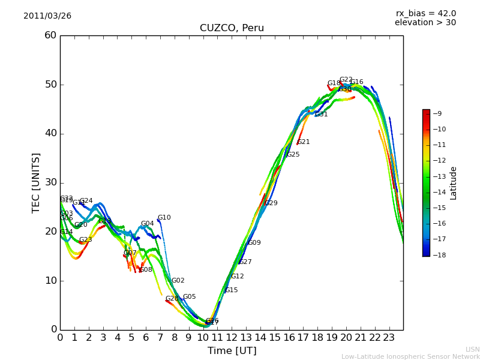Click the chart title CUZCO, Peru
pos(232,28)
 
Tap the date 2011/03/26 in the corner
pos(47,16)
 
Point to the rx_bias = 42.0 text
pos(425,13)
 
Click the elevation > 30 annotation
pos(425,23)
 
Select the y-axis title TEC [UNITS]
pos(37,182)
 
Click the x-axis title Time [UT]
pos(232,351)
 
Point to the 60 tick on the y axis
pos(50,35)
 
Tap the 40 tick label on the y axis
pos(50,133)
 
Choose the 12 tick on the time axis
pos(232,337)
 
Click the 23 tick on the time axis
pos(389,337)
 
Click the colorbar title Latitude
pos(454,182)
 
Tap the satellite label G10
pos(164,218)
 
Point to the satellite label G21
pos(304,142)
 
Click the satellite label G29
pos(271,203)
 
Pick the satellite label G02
pos(178,281)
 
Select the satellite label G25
pos(293,155)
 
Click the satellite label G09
pos(254,243)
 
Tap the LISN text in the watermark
pos(473,349)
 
